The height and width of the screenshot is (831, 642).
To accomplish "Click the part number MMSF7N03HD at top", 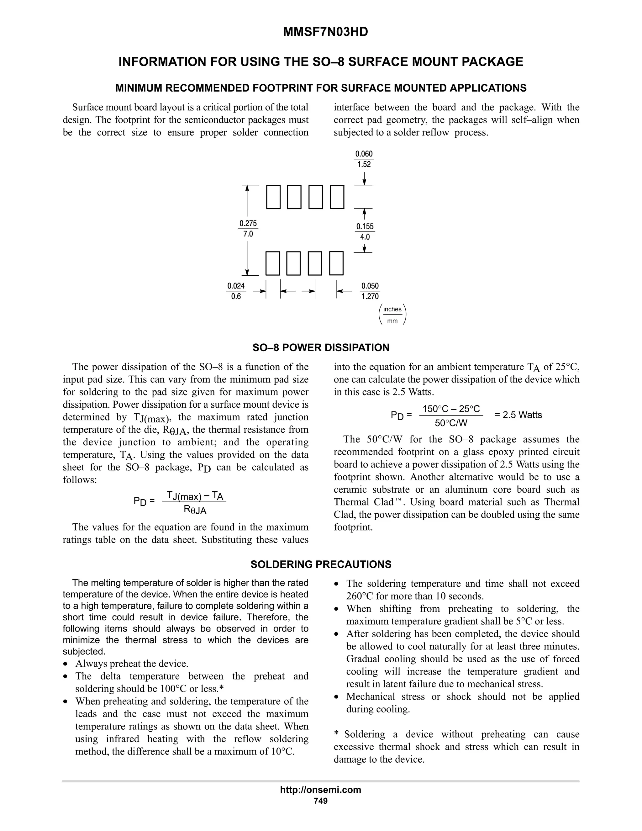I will pyautogui.click(x=325, y=32).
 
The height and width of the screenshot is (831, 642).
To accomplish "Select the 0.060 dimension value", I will pyautogui.click(x=364, y=154).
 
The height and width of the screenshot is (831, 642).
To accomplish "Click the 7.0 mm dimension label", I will pyautogui.click(x=248, y=234).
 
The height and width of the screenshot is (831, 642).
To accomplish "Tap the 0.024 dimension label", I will pyautogui.click(x=236, y=286).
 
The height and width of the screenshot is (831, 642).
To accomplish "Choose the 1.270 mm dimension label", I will pyautogui.click(x=370, y=296).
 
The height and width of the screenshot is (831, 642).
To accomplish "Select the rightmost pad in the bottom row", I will pyautogui.click(x=336, y=263).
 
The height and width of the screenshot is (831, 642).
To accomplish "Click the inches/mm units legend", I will pyautogui.click(x=392, y=315).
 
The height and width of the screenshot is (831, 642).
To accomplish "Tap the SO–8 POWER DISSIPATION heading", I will pyautogui.click(x=321, y=347).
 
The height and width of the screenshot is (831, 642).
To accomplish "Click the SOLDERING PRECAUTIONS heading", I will pyautogui.click(x=321, y=564).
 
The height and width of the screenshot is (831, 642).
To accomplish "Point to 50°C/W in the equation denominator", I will pyautogui.click(x=451, y=423).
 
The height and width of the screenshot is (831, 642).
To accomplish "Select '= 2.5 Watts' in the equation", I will pyautogui.click(x=518, y=415).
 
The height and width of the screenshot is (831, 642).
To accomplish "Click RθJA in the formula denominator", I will pyautogui.click(x=195, y=510).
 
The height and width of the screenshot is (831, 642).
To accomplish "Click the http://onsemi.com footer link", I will pyautogui.click(x=320, y=790).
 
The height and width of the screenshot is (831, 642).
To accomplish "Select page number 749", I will pyautogui.click(x=320, y=801).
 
